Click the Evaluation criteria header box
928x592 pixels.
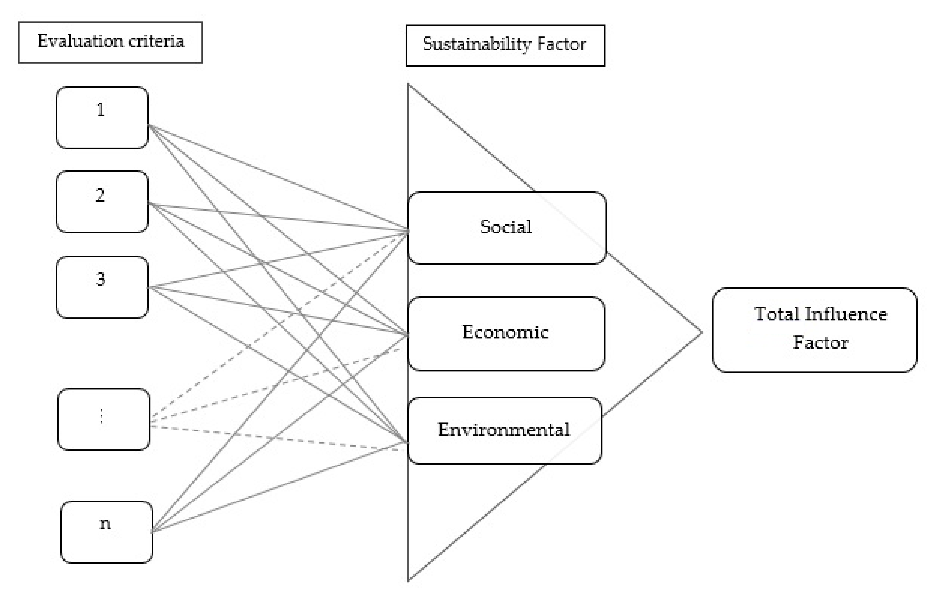pyautogui.click(x=110, y=42)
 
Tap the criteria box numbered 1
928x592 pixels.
pyautogui.click(x=102, y=117)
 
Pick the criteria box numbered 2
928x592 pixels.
pyautogui.click(x=102, y=201)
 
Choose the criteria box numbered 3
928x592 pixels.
pyautogui.click(x=102, y=287)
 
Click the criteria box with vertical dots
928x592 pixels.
pyautogui.click(x=103, y=419)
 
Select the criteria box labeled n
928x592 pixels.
pyautogui.click(x=106, y=532)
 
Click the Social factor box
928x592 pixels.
pyautogui.click(x=506, y=228)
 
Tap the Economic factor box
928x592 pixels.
pyautogui.click(x=506, y=334)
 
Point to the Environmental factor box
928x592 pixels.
pyautogui.click(x=504, y=430)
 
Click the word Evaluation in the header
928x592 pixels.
pyautogui.click(x=80, y=41)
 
